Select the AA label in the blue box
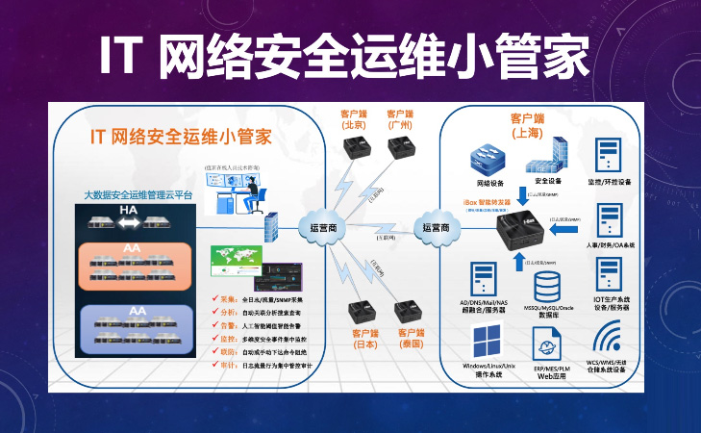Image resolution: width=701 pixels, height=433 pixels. pyautogui.click(x=136, y=312)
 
